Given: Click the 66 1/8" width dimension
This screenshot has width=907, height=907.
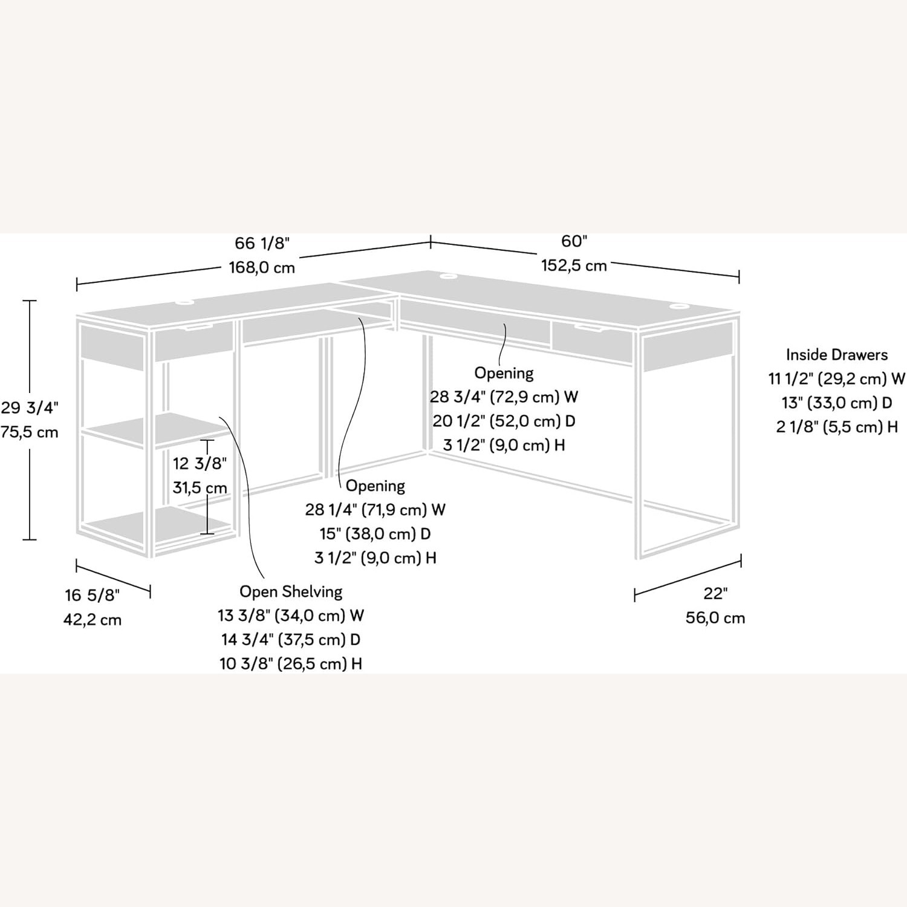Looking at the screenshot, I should pyautogui.click(x=262, y=243).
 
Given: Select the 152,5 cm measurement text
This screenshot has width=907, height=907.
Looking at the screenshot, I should pyautogui.click(x=573, y=265).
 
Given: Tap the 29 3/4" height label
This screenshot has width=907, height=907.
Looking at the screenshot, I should pyautogui.click(x=29, y=408).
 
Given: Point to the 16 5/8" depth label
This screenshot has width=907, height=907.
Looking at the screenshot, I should pyautogui.click(x=93, y=596).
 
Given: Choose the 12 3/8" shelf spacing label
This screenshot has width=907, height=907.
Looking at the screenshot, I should pyautogui.click(x=200, y=464).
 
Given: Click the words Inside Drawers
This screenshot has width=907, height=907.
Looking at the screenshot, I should pyautogui.click(x=836, y=354).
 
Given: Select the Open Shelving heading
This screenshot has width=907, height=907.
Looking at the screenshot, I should pyautogui.click(x=291, y=591).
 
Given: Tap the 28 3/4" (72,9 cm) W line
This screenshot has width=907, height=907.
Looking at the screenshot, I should pyautogui.click(x=504, y=397).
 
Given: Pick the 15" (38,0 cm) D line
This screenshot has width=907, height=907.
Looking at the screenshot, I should pyautogui.click(x=375, y=534).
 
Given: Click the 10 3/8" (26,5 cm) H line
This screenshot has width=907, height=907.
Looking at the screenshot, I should pyautogui.click(x=291, y=664).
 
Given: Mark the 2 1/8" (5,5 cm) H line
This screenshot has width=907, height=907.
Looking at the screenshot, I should pyautogui.click(x=836, y=427).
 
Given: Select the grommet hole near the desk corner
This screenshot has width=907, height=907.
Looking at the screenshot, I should pyautogui.click(x=448, y=276).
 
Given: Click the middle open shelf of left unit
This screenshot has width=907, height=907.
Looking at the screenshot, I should pyautogui.click(x=157, y=430).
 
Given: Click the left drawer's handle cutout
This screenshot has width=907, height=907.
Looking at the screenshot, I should pyautogui.click(x=195, y=327).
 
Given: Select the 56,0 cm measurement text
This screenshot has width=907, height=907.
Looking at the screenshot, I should pyautogui.click(x=715, y=618).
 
